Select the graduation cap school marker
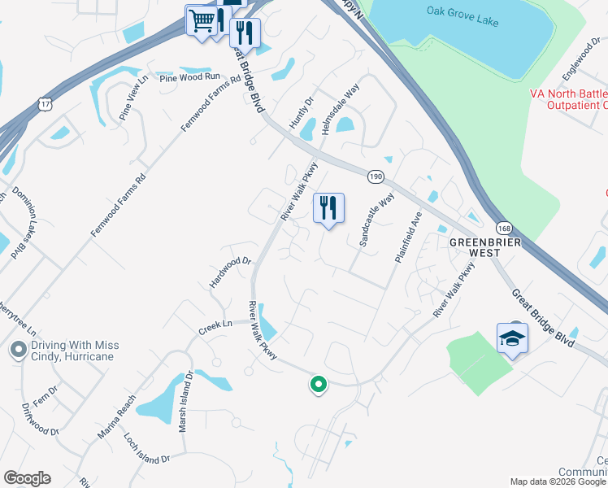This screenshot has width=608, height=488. click(512, 338)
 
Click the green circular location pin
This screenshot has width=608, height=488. click(318, 384)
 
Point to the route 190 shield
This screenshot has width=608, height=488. click(375, 176)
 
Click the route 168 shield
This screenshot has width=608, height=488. click(505, 229)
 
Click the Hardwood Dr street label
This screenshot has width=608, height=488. click(232, 272)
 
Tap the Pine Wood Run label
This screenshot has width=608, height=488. click(190, 77)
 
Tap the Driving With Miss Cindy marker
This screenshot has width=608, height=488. click(17, 351)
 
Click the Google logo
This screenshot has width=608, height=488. click(27, 478)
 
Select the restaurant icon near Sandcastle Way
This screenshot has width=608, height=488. click(328, 208)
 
